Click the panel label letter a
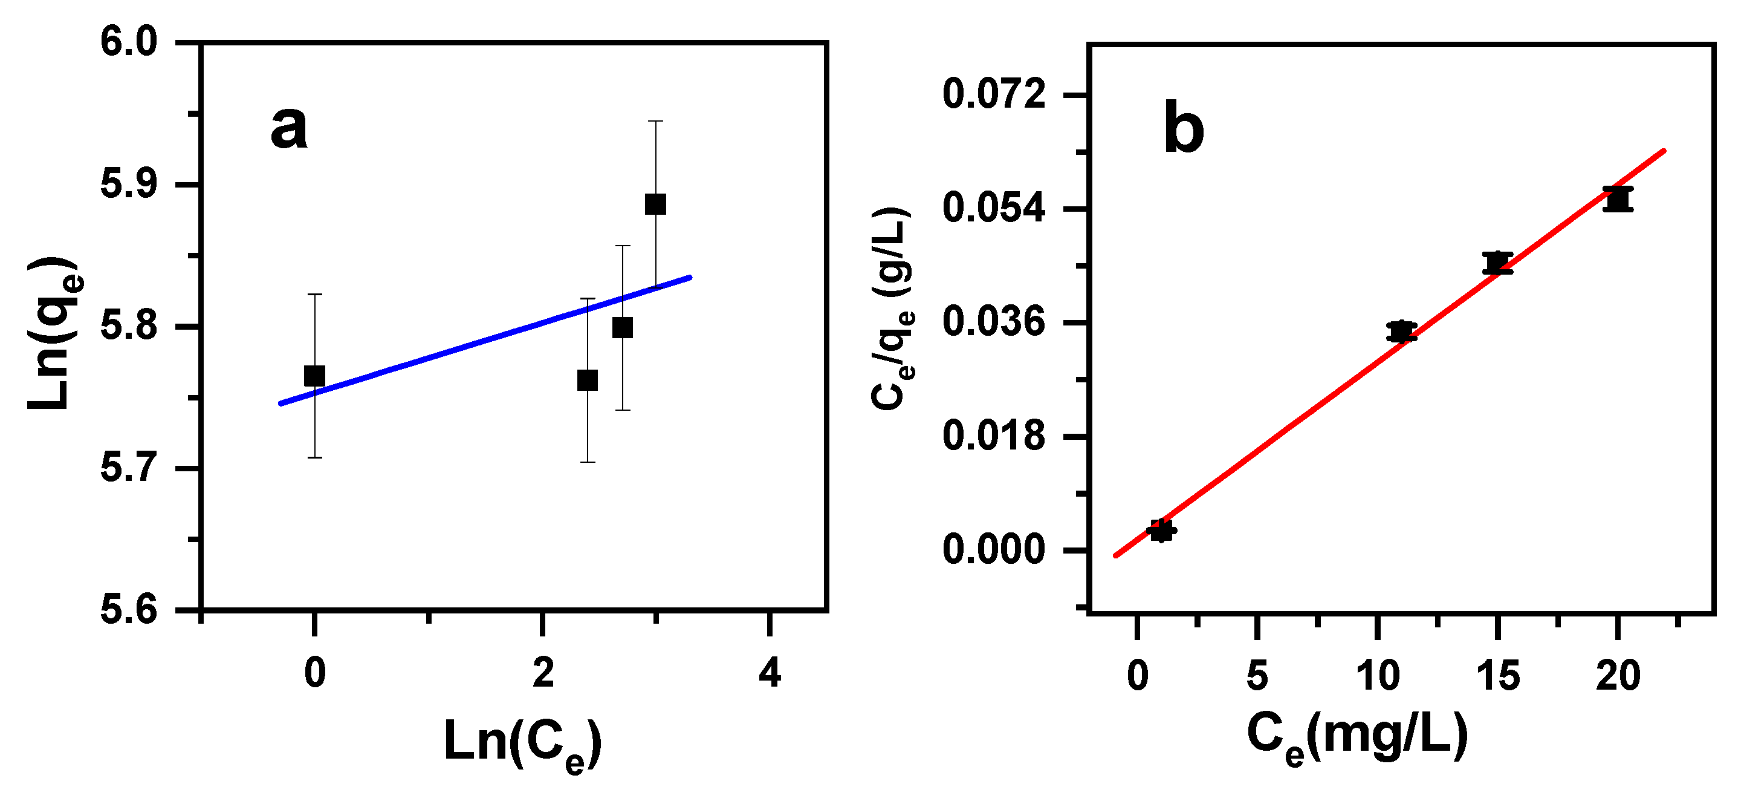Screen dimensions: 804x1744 pyautogui.click(x=289, y=129)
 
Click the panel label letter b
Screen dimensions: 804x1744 pyautogui.click(x=1184, y=129)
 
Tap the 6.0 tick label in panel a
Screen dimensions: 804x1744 pyautogui.click(x=129, y=42)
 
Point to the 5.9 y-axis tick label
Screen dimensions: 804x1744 pyautogui.click(x=129, y=185)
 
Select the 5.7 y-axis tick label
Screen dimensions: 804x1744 pyautogui.click(x=129, y=468)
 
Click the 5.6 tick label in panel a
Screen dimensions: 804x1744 pyautogui.click(x=129, y=610)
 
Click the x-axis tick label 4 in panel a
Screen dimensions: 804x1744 pyautogui.click(x=770, y=673)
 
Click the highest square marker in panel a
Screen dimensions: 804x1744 pyautogui.click(x=655, y=204)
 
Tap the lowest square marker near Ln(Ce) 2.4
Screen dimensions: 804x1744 pyautogui.click(x=588, y=381)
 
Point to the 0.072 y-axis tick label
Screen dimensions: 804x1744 pyautogui.click(x=994, y=94)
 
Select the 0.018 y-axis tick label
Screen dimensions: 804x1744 pyautogui.click(x=994, y=436)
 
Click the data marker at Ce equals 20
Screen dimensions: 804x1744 pyautogui.click(x=1618, y=199)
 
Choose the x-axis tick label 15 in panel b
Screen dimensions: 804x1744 pyautogui.click(x=1497, y=676)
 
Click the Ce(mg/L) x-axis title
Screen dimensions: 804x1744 pyautogui.click(x=1358, y=738)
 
